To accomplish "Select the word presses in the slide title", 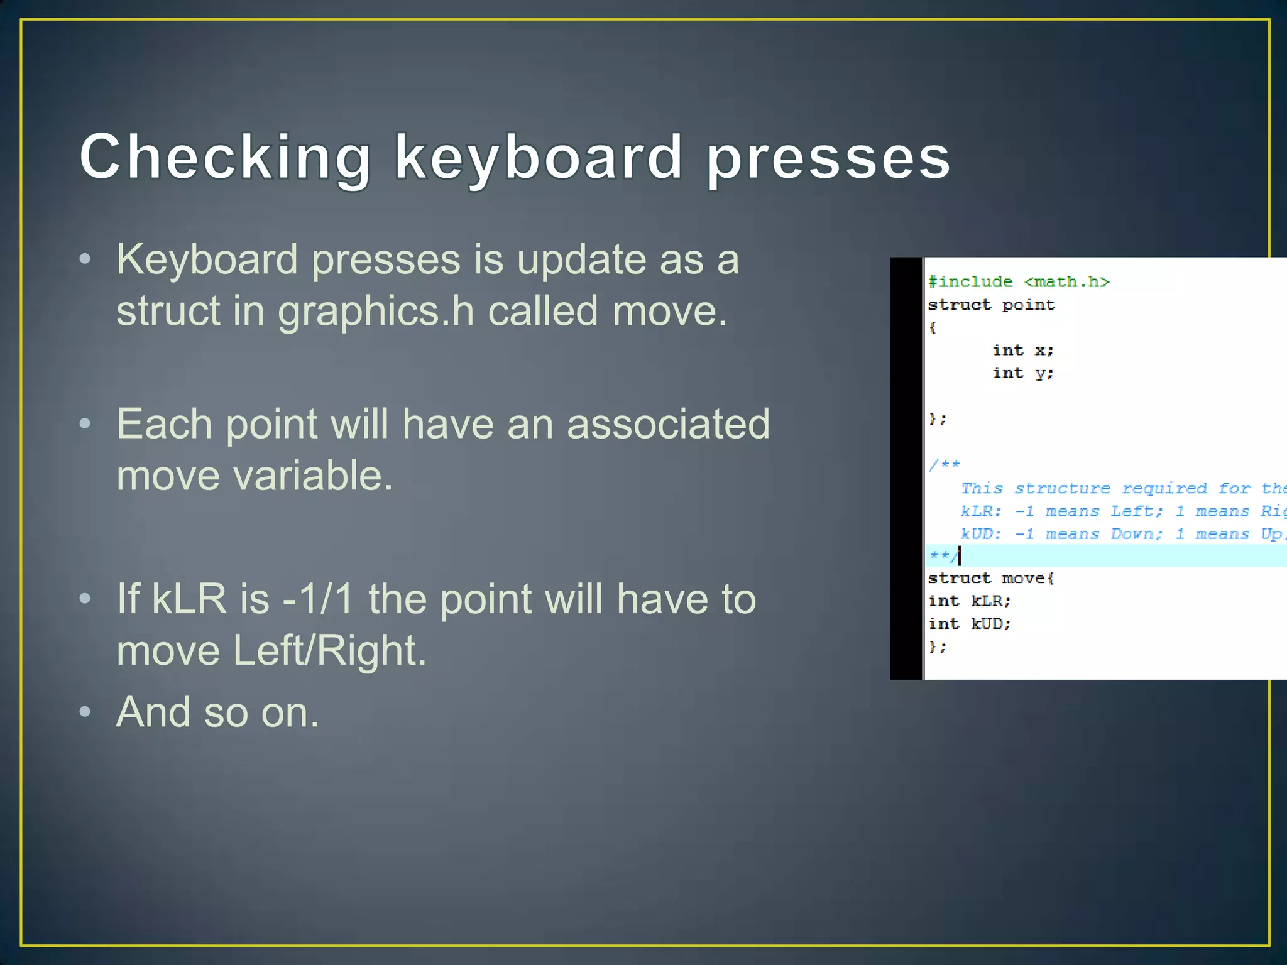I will [x=828, y=158].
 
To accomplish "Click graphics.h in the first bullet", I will [x=376, y=311].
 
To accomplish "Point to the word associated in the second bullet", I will [x=668, y=424].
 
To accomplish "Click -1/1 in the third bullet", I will [x=318, y=599].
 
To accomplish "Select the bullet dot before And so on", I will [x=85, y=712].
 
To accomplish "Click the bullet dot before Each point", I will [x=85, y=423].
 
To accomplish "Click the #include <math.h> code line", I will [x=1019, y=281].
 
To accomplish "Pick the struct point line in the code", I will [x=991, y=305].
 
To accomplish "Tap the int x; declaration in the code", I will [x=1022, y=350].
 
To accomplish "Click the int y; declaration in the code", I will [x=1022, y=373].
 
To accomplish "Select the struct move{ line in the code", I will [x=991, y=578].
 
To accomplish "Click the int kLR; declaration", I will [x=970, y=601].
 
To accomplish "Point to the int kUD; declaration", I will [x=970, y=623].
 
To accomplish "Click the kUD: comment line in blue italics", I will [x=1119, y=533].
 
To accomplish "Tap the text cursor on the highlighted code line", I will [x=960, y=555].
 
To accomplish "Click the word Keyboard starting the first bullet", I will [x=207, y=259].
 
